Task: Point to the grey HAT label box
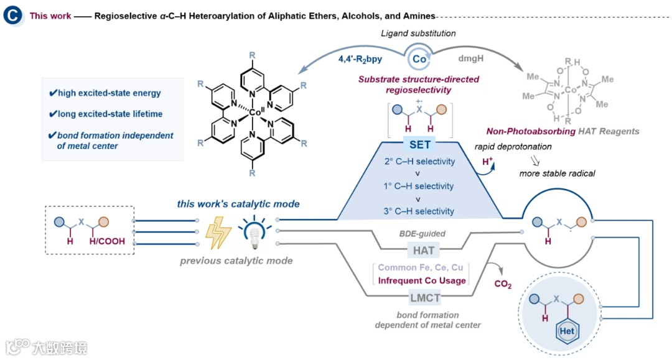click(424, 251)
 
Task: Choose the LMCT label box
click(424, 298)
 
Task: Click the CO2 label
click(502, 285)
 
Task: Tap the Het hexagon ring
click(566, 331)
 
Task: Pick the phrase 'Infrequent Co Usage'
click(422, 280)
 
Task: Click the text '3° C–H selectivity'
click(419, 211)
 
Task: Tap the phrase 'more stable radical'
click(557, 173)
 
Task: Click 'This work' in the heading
click(50, 16)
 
